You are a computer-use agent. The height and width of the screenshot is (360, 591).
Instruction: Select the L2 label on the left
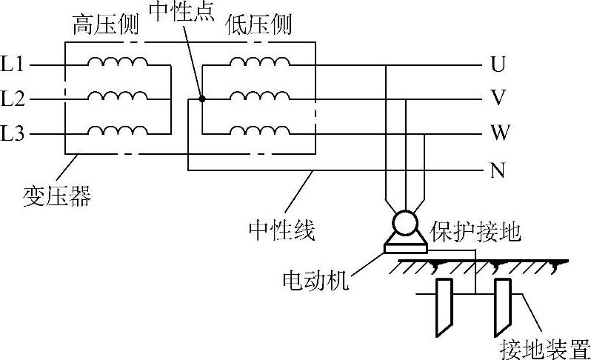(x=13, y=99)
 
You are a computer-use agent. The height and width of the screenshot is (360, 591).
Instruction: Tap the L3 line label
(x=13, y=134)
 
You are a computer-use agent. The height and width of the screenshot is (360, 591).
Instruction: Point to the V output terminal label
(x=498, y=99)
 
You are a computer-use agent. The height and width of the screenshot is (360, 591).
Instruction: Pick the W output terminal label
(x=498, y=134)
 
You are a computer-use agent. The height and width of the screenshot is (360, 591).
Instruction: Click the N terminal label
(x=498, y=170)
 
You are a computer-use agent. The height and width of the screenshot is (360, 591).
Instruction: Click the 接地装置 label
(x=544, y=347)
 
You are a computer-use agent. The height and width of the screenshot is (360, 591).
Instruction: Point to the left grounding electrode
(x=444, y=304)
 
